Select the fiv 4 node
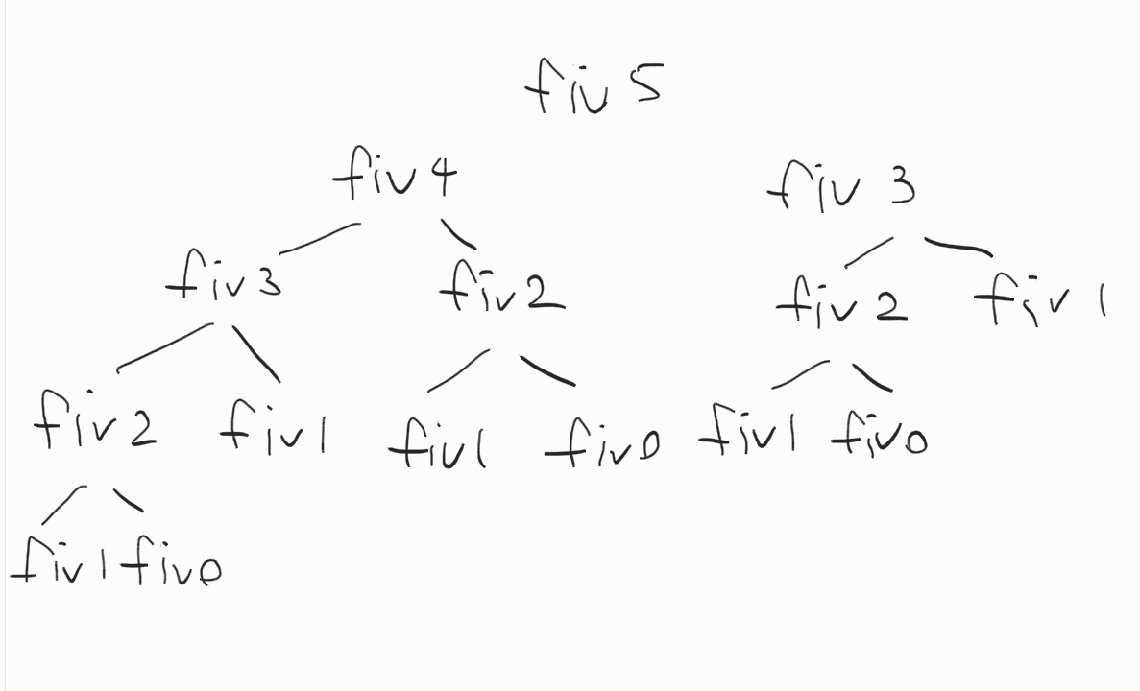coord(395,177)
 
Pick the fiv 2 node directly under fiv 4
coord(500,285)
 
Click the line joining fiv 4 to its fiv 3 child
coord(320,237)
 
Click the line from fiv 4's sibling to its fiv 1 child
coord(958,247)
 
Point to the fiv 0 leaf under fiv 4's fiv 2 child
coord(601,444)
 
